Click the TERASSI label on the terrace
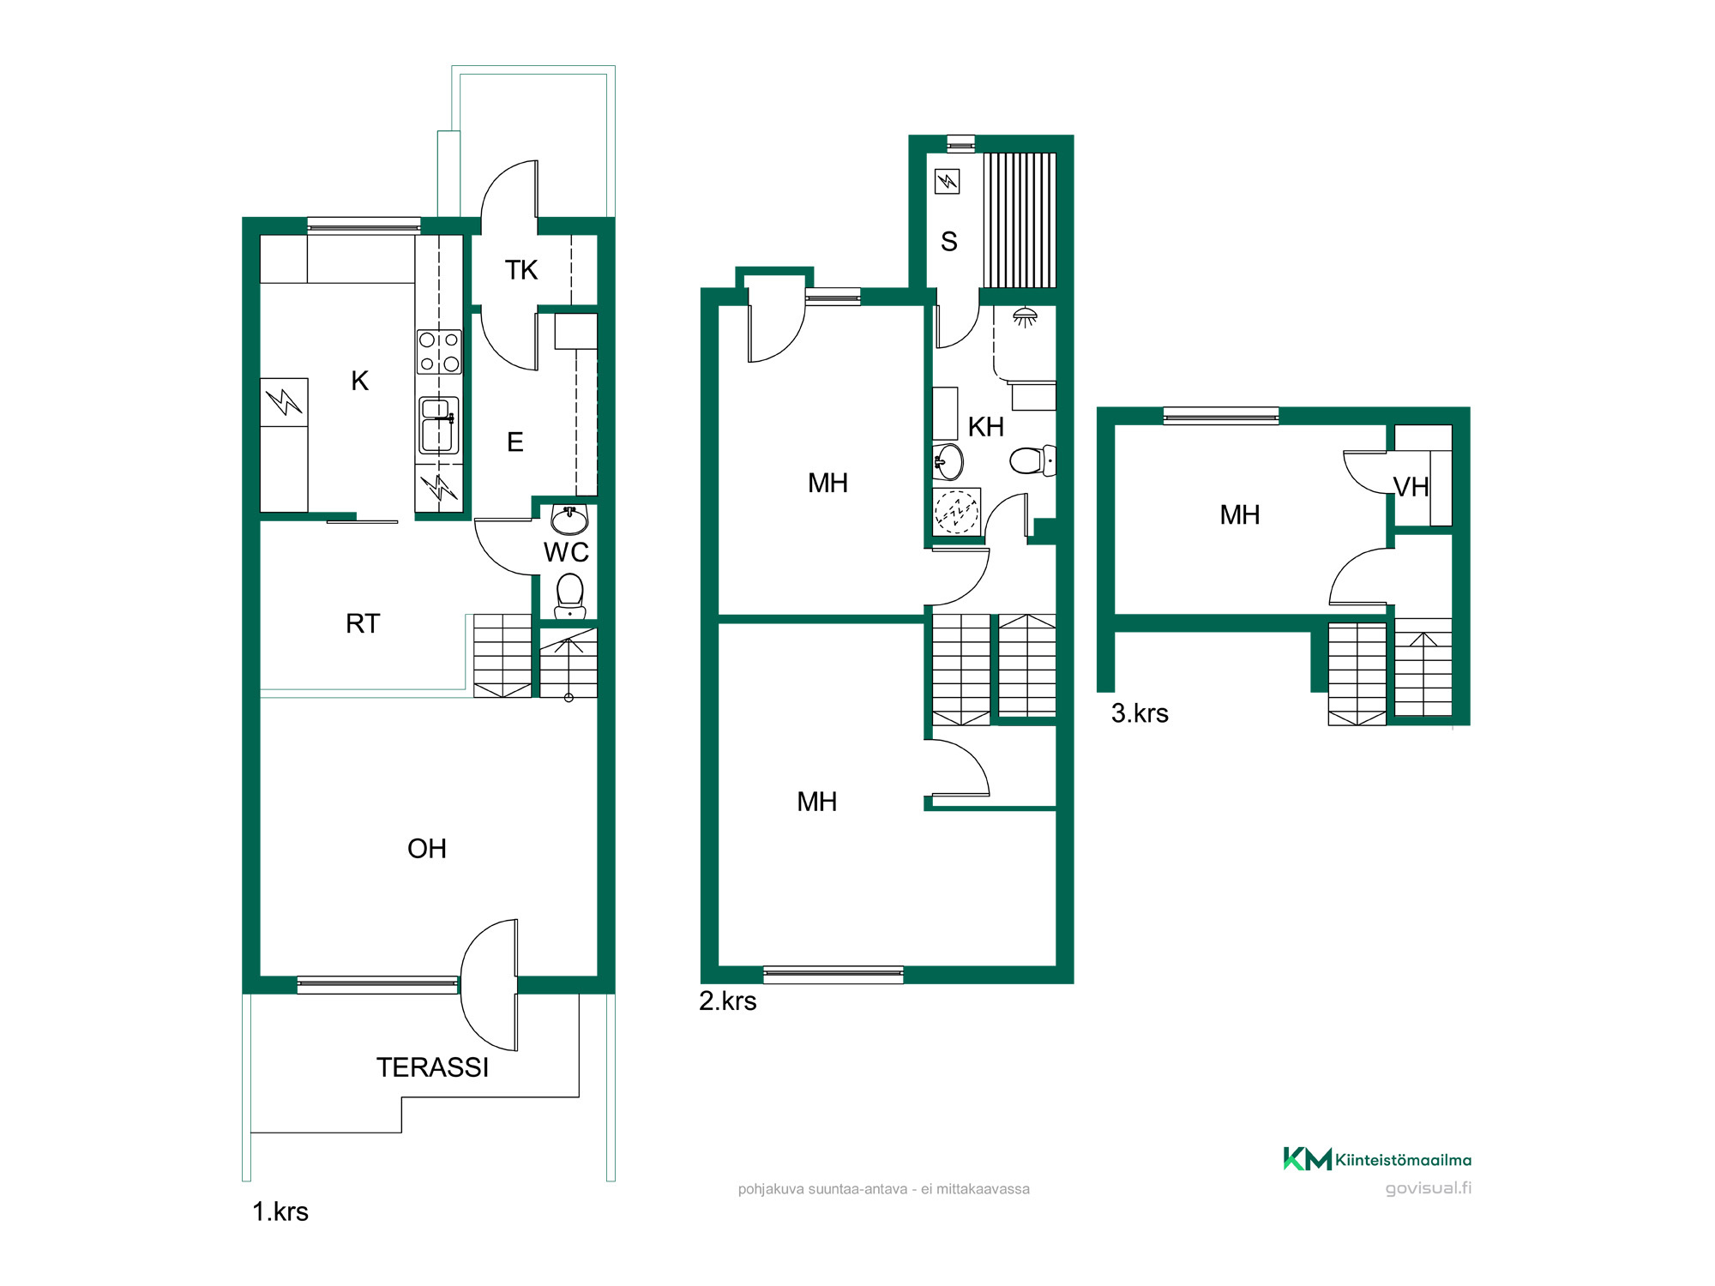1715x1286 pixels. pyautogui.click(x=432, y=1067)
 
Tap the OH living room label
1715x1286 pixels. pyautogui.click(x=427, y=849)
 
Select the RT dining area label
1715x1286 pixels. pyautogui.click(x=363, y=623)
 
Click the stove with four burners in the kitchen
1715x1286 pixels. pyautogui.click(x=439, y=352)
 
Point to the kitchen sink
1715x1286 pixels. pyautogui.click(x=438, y=425)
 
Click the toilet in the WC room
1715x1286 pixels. pyautogui.click(x=570, y=596)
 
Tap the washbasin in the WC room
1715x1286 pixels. pyautogui.click(x=569, y=520)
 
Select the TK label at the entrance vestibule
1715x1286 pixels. pyautogui.click(x=521, y=270)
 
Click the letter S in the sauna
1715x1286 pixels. pyautogui.click(x=948, y=242)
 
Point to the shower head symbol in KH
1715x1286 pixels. pyautogui.click(x=1025, y=317)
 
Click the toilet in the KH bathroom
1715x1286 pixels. pyautogui.click(x=1032, y=461)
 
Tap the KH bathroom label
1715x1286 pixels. pyautogui.click(x=986, y=427)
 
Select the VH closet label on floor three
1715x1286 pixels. pyautogui.click(x=1411, y=488)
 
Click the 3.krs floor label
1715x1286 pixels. pyautogui.click(x=1140, y=713)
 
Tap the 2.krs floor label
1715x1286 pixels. pyautogui.click(x=728, y=1001)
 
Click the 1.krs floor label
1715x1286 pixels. pyautogui.click(x=280, y=1212)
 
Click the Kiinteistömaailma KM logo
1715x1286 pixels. pyautogui.click(x=1377, y=1159)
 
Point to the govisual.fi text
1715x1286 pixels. pyautogui.click(x=1429, y=1188)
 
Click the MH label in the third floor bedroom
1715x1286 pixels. pyautogui.click(x=1240, y=515)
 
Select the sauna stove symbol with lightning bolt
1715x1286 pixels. pyautogui.click(x=947, y=181)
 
